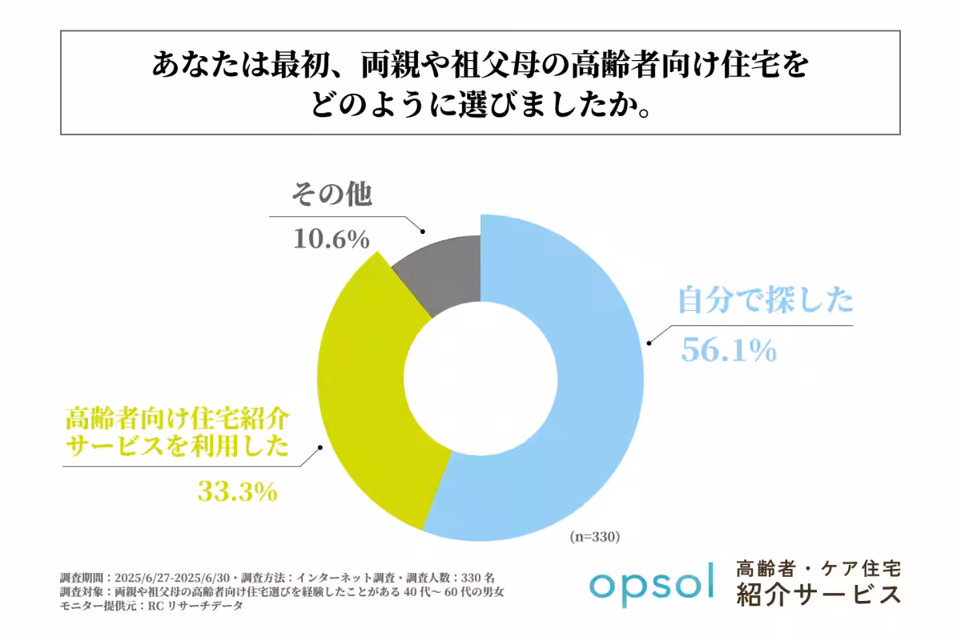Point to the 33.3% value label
(237, 490)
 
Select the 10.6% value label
(331, 239)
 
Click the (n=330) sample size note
(595, 536)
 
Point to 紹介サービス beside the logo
(818, 595)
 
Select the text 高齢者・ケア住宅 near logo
(818, 568)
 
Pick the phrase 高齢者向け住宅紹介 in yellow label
(177, 419)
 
